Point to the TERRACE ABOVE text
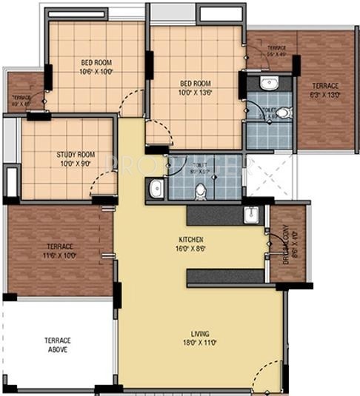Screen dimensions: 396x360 pos(57,344)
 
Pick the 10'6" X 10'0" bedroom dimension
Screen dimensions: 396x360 pos(96,72)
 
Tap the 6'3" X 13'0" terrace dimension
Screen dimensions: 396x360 pos(327,95)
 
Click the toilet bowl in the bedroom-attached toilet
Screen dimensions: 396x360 pos(284,113)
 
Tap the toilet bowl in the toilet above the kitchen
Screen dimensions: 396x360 pos(199,190)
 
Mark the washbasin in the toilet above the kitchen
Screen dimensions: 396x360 pos(156,189)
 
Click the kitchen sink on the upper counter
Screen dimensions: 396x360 pos(251,215)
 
